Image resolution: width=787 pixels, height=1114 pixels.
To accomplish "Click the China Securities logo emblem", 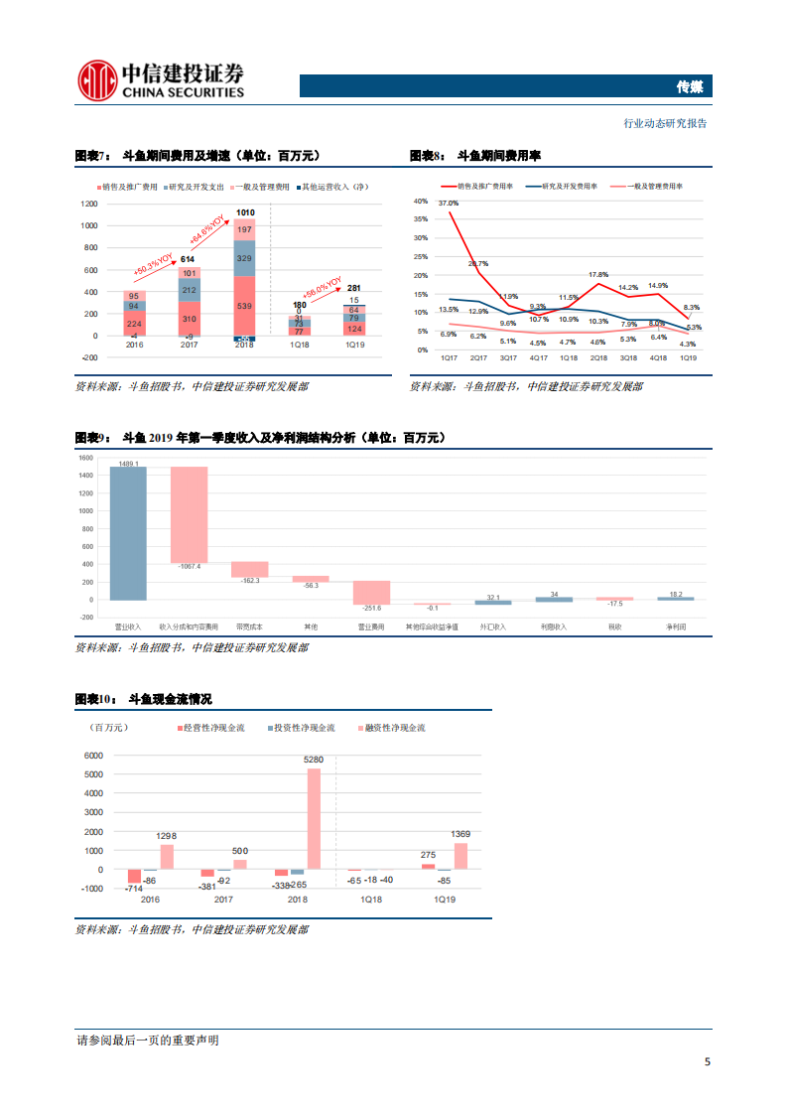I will [x=97, y=79].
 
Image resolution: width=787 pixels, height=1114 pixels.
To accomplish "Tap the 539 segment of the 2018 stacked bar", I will [x=244, y=306].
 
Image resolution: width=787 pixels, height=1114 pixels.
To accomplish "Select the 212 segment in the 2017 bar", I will [x=189, y=290].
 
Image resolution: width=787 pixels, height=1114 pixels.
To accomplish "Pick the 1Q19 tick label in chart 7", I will [x=355, y=345].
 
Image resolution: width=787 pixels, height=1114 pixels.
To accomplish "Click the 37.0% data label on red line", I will [x=448, y=204].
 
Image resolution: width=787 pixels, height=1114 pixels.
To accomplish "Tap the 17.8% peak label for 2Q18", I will [x=597, y=274].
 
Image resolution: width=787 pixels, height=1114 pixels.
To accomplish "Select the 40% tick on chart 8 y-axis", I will [x=420, y=201].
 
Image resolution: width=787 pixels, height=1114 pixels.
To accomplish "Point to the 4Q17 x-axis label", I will [x=538, y=357].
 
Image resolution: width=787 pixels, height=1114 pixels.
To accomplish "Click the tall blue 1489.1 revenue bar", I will [x=128, y=533].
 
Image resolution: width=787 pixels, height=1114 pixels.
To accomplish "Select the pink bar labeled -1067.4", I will [x=189, y=513].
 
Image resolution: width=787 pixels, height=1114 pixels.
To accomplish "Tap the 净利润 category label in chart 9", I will [x=676, y=627].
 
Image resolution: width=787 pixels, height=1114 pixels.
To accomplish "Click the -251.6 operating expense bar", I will [x=372, y=592].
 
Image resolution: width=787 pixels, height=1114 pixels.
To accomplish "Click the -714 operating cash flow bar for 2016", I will [x=134, y=876].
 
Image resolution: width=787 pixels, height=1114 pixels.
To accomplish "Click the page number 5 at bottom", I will [x=707, y=1061].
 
